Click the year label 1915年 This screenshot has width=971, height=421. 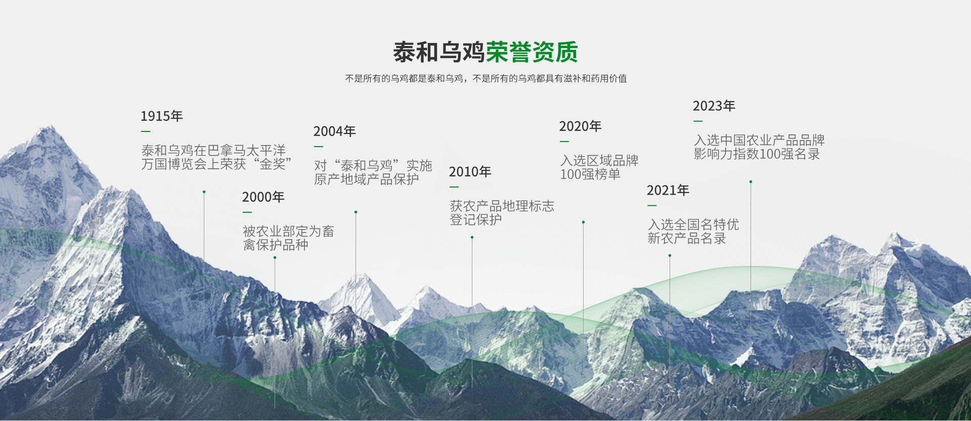(161, 116)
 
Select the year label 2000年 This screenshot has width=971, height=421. (263, 197)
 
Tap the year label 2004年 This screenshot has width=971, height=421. (334, 131)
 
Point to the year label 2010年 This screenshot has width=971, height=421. (470, 172)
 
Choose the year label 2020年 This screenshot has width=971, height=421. (580, 126)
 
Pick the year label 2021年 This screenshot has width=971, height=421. (668, 191)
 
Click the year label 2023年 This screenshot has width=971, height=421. (714, 106)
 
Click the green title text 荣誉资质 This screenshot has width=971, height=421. (532, 52)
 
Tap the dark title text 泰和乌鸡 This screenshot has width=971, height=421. (439, 52)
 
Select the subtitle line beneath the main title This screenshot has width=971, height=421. (486, 78)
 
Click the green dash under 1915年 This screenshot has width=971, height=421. (146, 131)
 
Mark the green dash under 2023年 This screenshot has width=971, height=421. (698, 121)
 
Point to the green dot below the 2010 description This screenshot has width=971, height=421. (472, 237)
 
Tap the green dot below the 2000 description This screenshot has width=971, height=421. (275, 257)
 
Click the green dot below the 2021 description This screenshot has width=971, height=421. (670, 256)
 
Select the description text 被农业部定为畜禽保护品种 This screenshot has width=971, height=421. (288, 238)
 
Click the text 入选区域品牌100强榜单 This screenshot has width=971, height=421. (599, 167)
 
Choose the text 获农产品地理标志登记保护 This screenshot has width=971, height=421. (502, 213)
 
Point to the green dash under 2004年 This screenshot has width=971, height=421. (319, 147)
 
